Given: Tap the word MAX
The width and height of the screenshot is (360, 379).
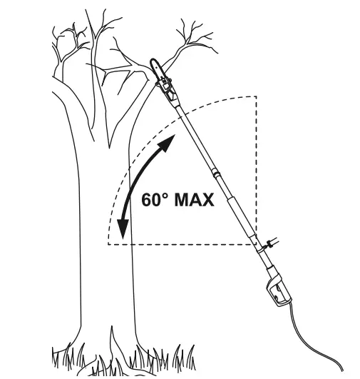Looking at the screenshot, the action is point(194,200).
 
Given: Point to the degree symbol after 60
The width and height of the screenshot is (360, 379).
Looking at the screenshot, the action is point(165,196).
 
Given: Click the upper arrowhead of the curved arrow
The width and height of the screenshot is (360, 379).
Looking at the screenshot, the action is point(167,143).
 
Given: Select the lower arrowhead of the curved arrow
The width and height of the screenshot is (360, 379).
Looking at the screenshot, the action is point(123,229).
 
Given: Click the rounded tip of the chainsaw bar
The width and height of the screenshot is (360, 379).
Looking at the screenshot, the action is point(153,61).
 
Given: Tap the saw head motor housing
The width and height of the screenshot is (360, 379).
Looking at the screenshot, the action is point(167,89).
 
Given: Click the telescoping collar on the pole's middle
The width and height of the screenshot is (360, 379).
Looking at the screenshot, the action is point(216,173).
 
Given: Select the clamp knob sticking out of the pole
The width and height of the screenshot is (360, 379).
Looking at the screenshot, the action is point(272,243).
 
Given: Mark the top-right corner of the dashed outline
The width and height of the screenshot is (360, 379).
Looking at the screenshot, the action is point(256,96).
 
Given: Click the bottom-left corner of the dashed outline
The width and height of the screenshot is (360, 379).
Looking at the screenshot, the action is point(108,244).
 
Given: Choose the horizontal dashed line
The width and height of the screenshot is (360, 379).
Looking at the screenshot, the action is point(182,244).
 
